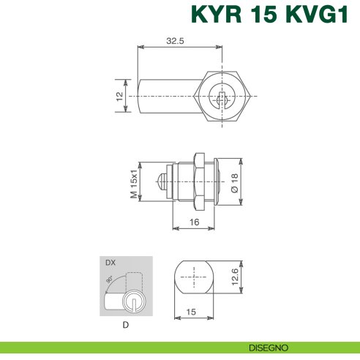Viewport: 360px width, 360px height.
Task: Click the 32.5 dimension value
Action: (x=174, y=42)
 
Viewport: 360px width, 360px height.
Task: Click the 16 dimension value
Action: (x=194, y=222)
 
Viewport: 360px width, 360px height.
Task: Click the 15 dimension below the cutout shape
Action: (x=191, y=312)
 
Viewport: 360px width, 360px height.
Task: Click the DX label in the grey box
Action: (x=110, y=263)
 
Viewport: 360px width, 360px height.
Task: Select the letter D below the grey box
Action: (x=126, y=324)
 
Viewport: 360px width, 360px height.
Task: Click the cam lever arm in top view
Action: (x=165, y=95)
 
